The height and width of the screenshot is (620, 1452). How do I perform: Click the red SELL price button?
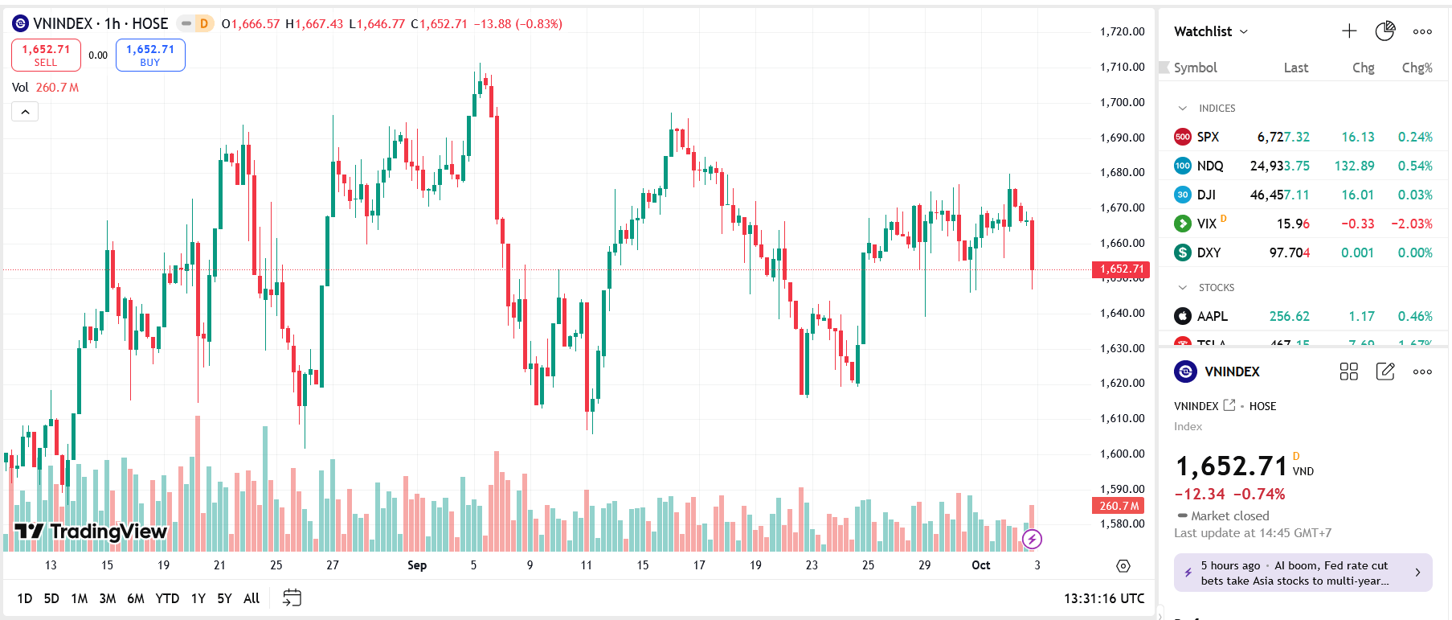tap(46, 55)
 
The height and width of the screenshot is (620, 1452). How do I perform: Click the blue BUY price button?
tap(150, 55)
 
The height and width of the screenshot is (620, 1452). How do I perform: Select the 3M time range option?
tap(108, 598)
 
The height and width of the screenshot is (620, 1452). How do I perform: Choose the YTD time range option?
tap(167, 598)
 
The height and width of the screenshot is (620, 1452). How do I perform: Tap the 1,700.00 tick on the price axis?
tap(1122, 102)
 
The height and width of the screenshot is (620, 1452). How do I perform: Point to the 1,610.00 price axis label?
tap(1122, 418)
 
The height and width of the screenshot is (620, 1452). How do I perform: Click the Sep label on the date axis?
tap(417, 565)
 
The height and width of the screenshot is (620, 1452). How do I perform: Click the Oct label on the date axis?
tap(981, 565)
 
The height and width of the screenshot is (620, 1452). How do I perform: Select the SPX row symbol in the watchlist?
tap(1208, 137)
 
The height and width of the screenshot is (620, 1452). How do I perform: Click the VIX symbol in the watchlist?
tap(1206, 224)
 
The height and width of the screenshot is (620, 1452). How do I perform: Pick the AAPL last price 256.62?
tap(1289, 316)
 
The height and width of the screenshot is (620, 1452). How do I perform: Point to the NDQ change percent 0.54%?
tap(1415, 166)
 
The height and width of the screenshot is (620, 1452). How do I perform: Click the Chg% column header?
tap(1417, 68)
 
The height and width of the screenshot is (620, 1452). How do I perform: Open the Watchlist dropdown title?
tap(1211, 31)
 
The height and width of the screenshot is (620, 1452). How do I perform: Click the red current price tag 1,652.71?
tap(1121, 269)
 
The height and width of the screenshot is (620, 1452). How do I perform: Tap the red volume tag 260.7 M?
tap(1119, 506)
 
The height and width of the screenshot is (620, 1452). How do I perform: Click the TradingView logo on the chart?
tap(91, 531)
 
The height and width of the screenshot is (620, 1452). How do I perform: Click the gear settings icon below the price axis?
tap(1123, 566)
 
